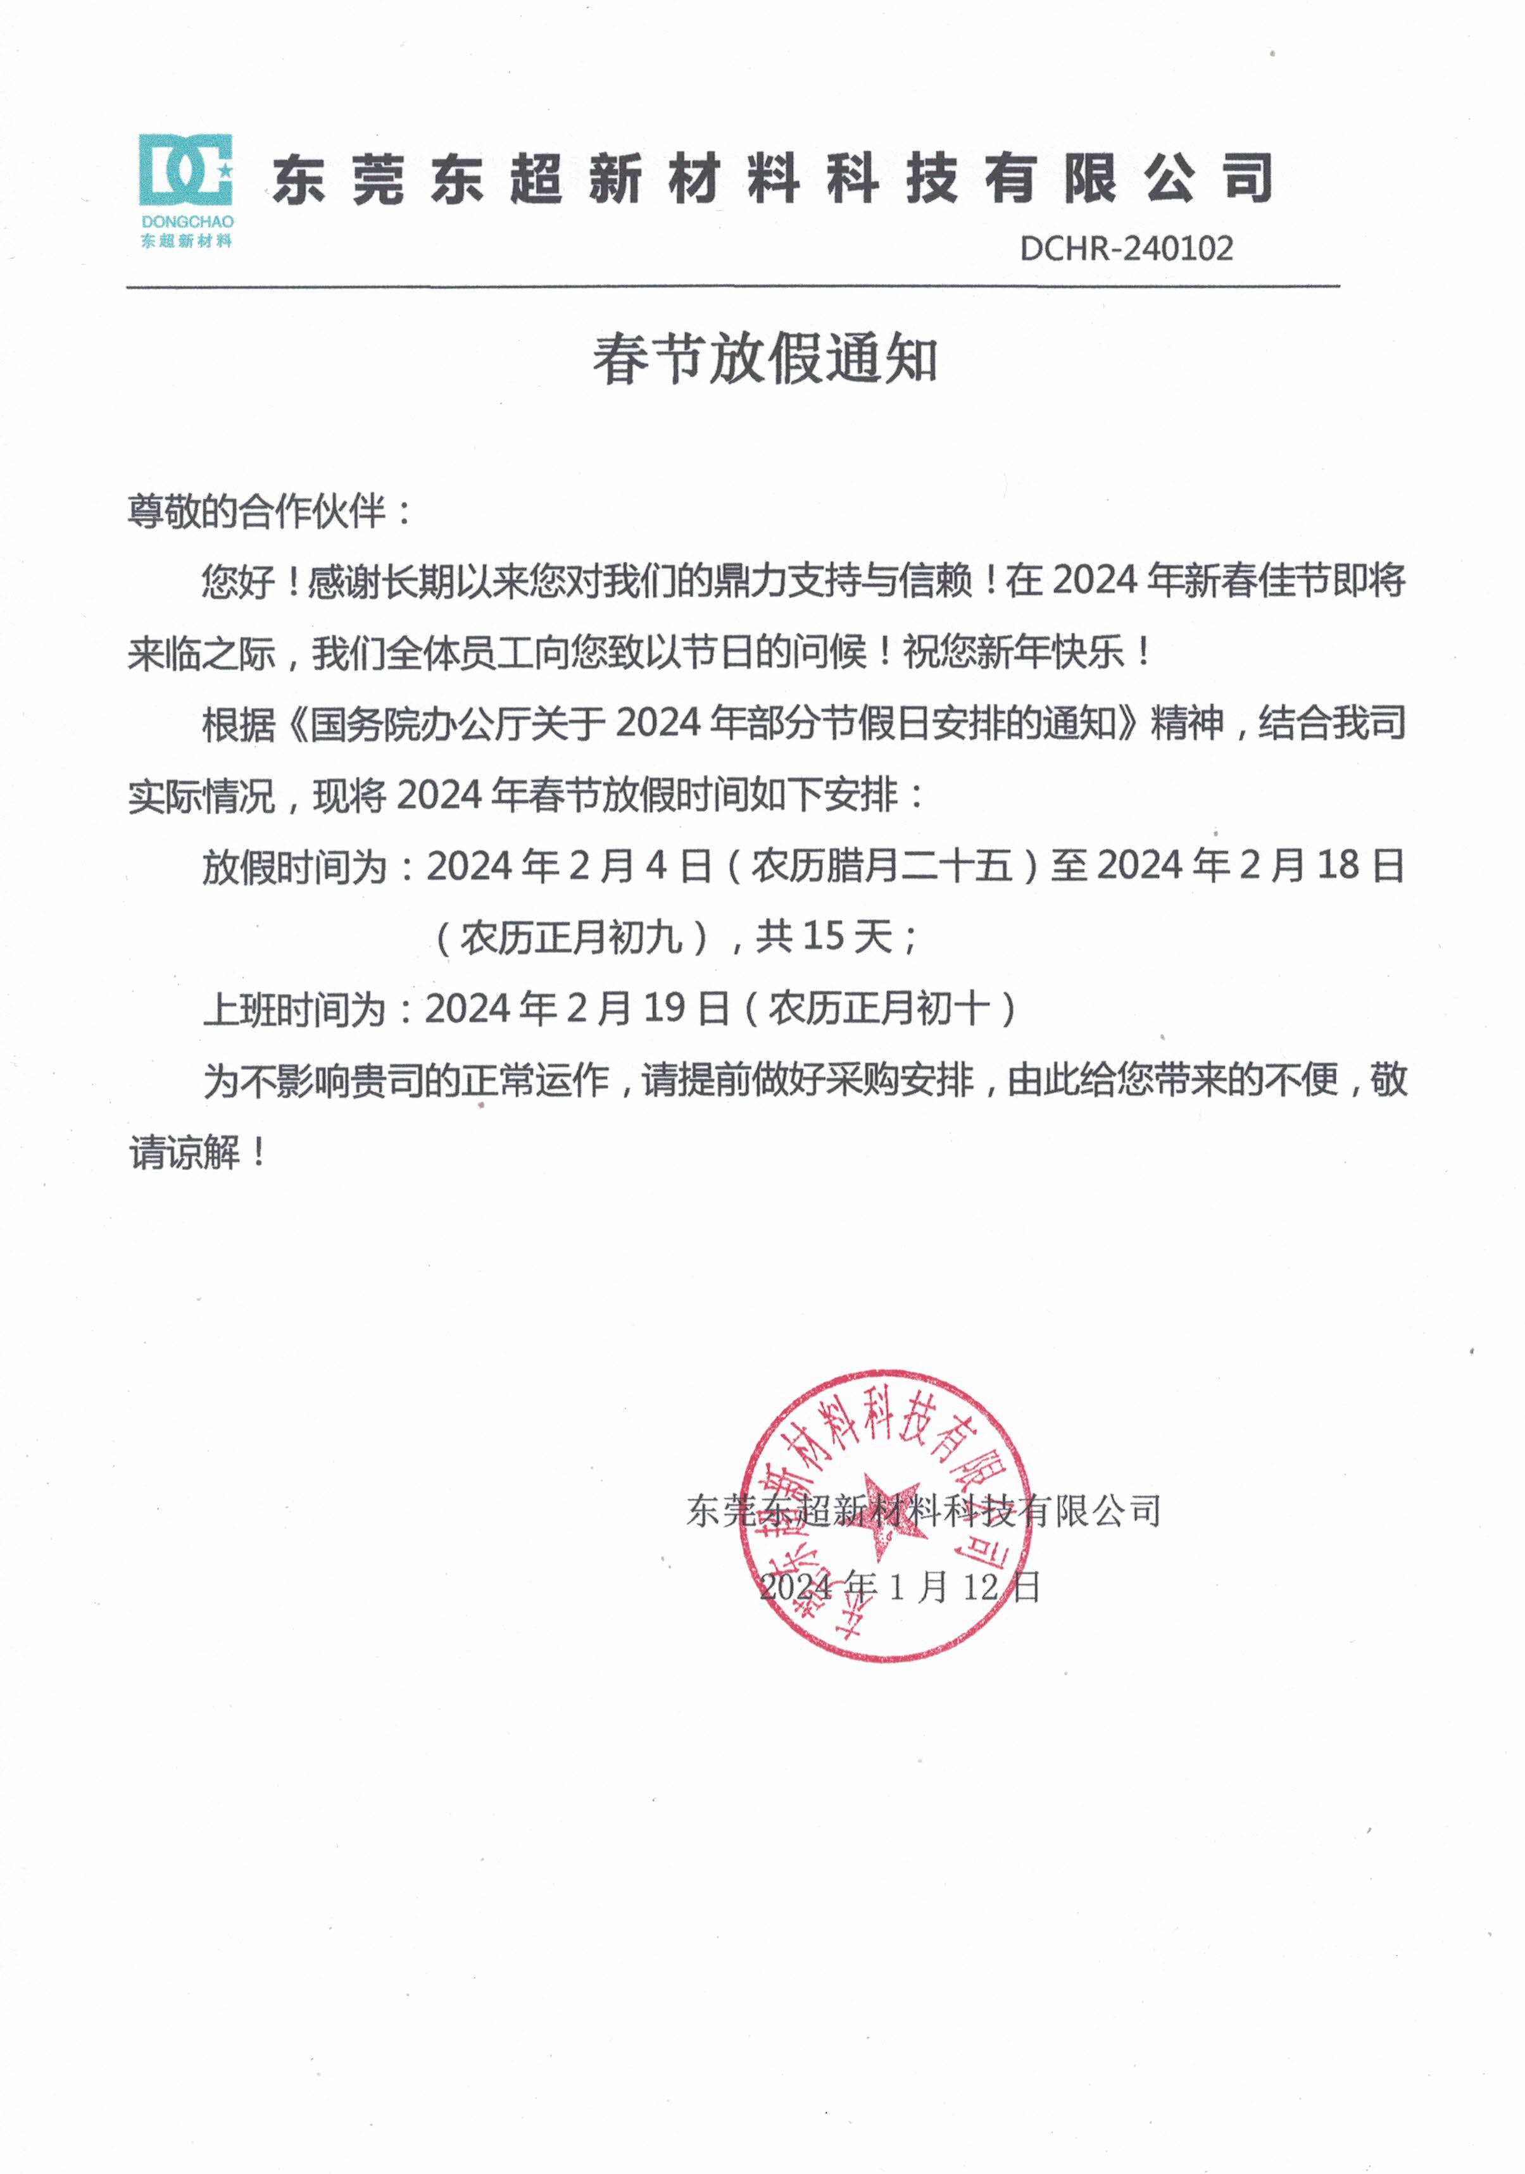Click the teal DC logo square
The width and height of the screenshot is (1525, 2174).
[x=185, y=170]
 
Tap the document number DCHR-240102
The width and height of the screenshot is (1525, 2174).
[x=1126, y=249]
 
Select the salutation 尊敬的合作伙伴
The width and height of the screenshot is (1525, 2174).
[x=256, y=512]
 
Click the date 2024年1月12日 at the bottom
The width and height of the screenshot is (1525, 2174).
[x=899, y=1586]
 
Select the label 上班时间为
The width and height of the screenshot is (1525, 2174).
[x=294, y=1009]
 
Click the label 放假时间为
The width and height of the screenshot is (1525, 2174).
[x=294, y=866]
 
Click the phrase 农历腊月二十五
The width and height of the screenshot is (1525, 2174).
[x=882, y=866]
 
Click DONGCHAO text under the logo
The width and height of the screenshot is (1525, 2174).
[x=187, y=221]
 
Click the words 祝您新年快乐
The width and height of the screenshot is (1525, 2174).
[x=1014, y=652]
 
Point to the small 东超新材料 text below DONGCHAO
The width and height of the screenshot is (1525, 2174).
[x=187, y=242]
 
